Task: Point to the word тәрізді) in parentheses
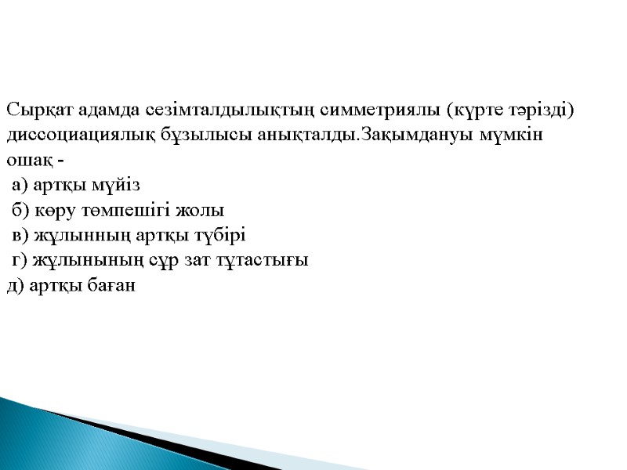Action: point(545,109)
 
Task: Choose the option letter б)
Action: point(21,210)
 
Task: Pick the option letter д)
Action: point(15,286)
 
